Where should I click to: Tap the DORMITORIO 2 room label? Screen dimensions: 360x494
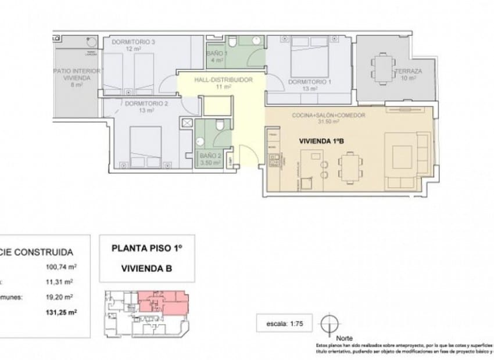(x=139, y=104)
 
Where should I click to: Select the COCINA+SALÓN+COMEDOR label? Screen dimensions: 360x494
(x=328, y=116)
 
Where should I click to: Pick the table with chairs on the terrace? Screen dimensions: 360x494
(x=383, y=67)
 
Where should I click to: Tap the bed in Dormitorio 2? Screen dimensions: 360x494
(x=145, y=147)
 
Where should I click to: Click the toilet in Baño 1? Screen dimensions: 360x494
(x=231, y=42)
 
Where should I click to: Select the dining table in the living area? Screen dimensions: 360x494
(x=350, y=168)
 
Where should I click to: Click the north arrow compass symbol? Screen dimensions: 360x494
(x=330, y=323)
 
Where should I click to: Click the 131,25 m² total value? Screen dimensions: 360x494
(x=62, y=312)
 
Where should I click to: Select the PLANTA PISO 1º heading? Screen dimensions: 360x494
(x=147, y=248)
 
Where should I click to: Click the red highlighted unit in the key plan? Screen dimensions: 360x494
(x=163, y=302)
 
